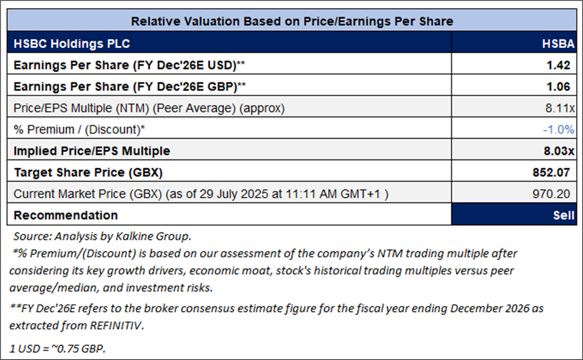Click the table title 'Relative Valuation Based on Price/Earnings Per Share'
tap(292, 21)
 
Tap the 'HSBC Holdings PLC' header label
tap(72, 44)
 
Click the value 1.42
tap(563, 65)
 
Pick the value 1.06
tap(563, 86)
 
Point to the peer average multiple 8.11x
tap(561, 108)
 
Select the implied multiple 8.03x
tap(560, 151)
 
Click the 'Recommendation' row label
tap(66, 215)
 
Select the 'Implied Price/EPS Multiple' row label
tap(92, 151)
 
